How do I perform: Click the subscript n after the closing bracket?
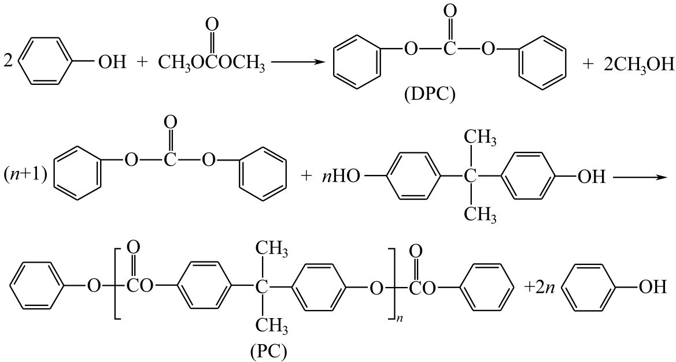point(397,333)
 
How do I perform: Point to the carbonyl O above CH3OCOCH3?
point(212,25)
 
